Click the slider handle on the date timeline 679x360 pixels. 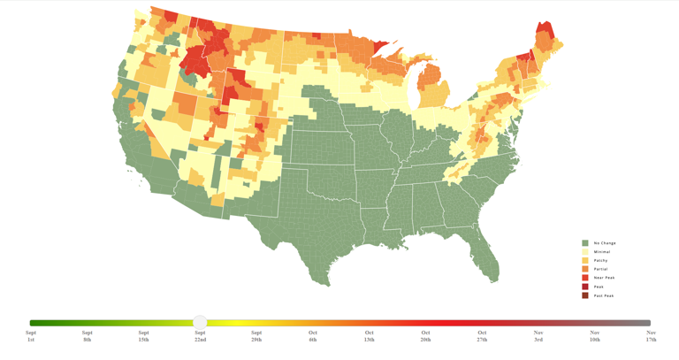(200, 322)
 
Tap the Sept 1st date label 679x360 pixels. (31, 336)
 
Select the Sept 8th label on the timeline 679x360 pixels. (87, 336)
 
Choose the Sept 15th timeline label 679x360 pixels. (143, 336)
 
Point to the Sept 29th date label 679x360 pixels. (256, 336)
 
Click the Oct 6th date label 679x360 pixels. (313, 336)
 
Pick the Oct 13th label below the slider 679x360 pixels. (369, 336)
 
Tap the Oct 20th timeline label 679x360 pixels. (425, 336)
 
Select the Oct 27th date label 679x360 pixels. (482, 336)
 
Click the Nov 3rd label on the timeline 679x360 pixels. (538, 336)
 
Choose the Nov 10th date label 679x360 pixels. (595, 336)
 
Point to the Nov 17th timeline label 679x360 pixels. (651, 336)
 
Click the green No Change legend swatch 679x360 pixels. (585, 243)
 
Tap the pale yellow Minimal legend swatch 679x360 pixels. (585, 252)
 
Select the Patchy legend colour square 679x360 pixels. (585, 261)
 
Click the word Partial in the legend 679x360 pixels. (601, 269)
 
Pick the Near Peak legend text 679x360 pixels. (604, 278)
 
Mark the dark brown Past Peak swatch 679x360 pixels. (585, 295)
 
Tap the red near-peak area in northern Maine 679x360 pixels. (545, 31)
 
